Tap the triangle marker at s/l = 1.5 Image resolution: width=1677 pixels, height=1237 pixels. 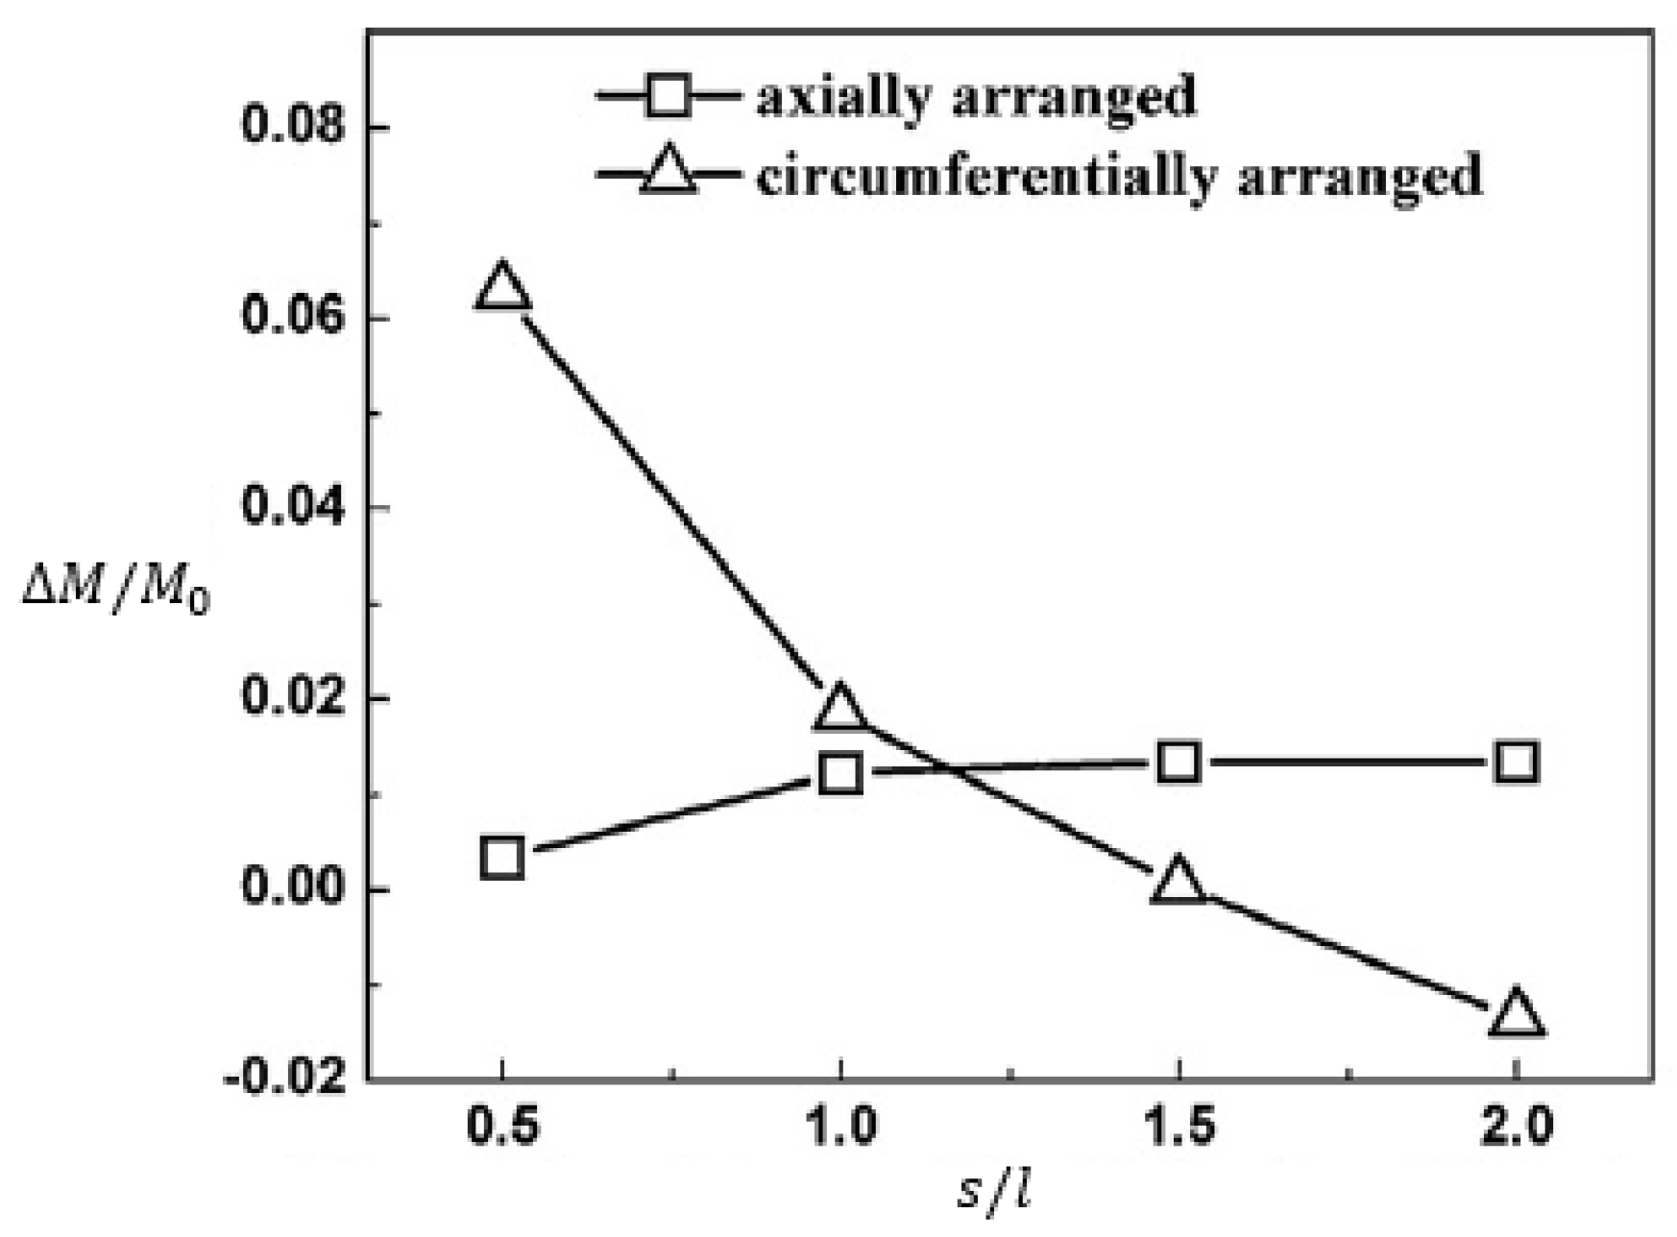(x=1179, y=881)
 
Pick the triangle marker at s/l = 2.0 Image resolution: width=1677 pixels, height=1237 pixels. (x=1516, y=1014)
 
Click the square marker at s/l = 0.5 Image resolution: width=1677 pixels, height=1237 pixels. (x=502, y=857)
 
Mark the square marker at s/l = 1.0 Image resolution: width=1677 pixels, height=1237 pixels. (x=840, y=773)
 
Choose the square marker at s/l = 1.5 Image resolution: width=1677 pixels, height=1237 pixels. (x=1179, y=763)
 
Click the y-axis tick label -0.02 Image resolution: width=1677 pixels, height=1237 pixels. (x=285, y=1079)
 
